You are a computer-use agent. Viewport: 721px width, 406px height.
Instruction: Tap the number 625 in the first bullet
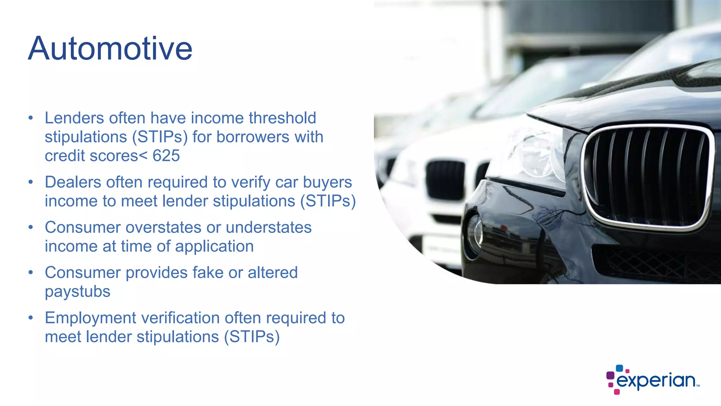[x=166, y=156]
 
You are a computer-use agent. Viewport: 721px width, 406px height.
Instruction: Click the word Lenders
[x=74, y=118]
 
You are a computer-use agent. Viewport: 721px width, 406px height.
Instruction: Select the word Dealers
[x=73, y=182]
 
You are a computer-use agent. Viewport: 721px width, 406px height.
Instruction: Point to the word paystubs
[x=77, y=292]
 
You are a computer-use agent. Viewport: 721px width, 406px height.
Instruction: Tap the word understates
[x=269, y=228]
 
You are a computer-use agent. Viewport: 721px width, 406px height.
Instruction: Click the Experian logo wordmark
[x=656, y=381]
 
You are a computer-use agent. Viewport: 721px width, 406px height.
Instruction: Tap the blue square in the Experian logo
[x=619, y=369]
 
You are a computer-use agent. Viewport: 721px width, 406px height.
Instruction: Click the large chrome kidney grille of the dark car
[x=648, y=176]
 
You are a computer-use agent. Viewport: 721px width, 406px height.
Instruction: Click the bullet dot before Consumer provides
[x=31, y=272]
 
